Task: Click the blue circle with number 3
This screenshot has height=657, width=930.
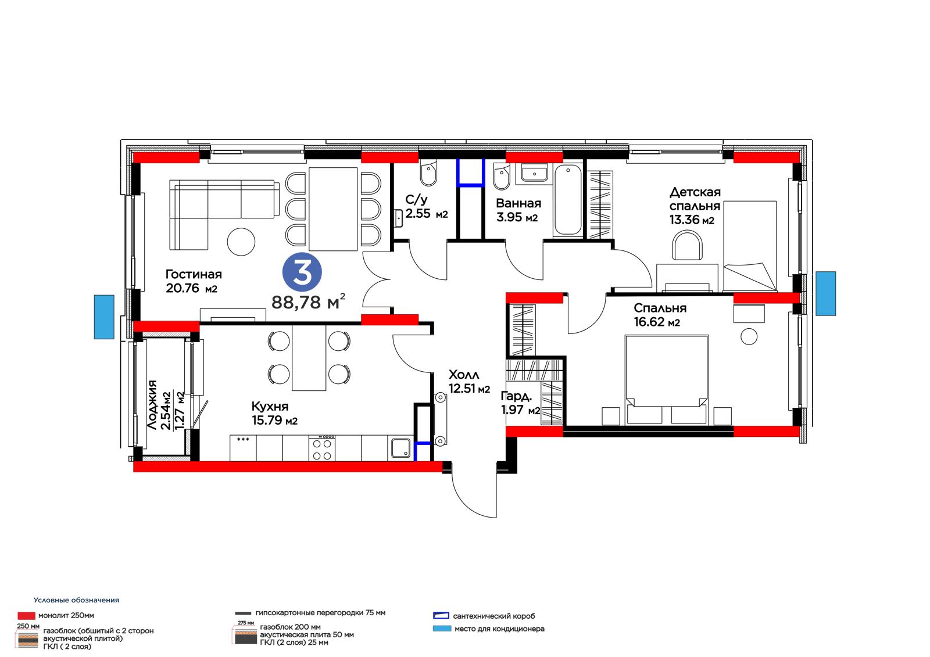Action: click(302, 272)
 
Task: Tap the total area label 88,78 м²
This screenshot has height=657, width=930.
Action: click(308, 301)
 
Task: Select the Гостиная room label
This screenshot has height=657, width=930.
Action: click(194, 274)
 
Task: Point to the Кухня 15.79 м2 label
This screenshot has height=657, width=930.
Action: click(274, 414)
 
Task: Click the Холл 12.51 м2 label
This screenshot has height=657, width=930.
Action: click(469, 382)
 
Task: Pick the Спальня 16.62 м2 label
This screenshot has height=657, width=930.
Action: click(660, 315)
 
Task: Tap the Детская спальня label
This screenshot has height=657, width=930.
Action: click(695, 199)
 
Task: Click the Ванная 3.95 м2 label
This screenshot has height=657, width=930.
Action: click(518, 210)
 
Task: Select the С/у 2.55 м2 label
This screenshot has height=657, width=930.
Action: click(427, 207)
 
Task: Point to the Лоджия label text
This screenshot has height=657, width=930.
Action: click(152, 405)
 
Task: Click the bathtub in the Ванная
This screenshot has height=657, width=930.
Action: click(567, 201)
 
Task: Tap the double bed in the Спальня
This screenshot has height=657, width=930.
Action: click(666, 380)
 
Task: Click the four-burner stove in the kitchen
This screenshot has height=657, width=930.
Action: click(322, 447)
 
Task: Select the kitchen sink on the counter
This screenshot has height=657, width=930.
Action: click(401, 448)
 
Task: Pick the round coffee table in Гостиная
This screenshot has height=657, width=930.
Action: click(241, 242)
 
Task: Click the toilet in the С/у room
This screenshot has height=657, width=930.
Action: click(428, 174)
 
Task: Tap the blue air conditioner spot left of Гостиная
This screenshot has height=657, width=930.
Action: click(104, 317)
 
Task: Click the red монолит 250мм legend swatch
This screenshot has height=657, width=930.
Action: click(26, 616)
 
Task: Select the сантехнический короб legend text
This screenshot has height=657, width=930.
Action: click(493, 616)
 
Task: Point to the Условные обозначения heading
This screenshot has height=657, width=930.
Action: click(76, 600)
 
